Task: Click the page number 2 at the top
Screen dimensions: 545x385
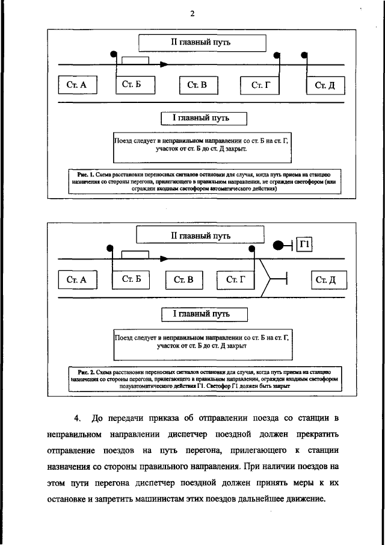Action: coord(192,14)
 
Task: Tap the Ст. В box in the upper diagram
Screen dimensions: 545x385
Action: coord(197,85)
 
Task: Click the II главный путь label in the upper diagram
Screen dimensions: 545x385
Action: coord(202,43)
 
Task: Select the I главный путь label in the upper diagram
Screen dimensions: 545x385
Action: coord(196,119)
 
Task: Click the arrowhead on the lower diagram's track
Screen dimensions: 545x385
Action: coord(164,259)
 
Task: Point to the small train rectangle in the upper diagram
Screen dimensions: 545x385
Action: coord(135,60)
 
